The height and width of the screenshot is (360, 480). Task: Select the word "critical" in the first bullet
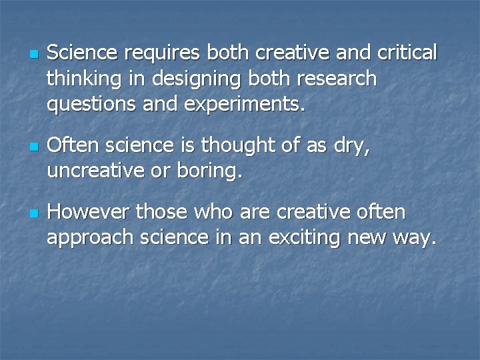click(x=407, y=53)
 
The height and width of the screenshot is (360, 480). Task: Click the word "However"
click(x=89, y=212)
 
